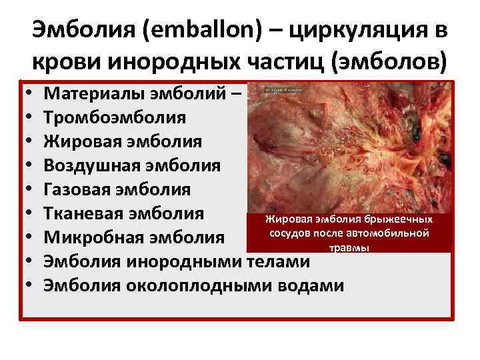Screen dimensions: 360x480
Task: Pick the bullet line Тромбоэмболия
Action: tap(115, 117)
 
